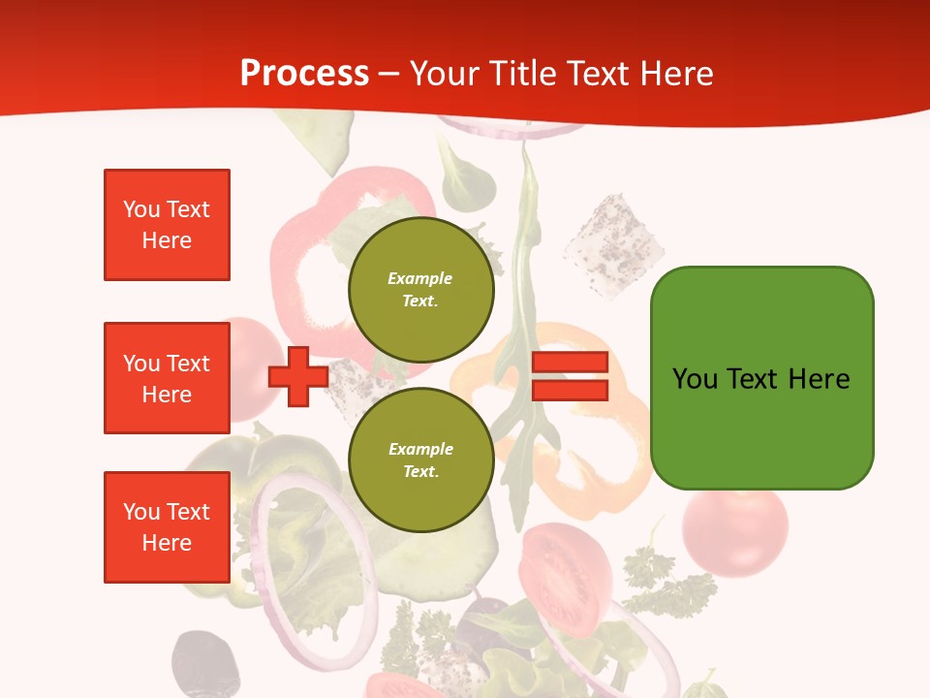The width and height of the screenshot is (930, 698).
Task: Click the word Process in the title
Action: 304,73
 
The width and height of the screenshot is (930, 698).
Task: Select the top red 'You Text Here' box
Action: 167,225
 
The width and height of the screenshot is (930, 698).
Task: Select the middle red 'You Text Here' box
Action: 167,378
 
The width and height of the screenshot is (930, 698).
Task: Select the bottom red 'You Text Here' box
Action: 167,527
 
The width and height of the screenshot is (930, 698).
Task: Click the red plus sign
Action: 298,376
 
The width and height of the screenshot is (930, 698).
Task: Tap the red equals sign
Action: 570,376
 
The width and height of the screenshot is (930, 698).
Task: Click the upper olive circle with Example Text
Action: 420,289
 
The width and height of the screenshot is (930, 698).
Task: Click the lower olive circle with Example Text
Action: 420,460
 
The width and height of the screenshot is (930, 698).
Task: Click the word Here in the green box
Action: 819,379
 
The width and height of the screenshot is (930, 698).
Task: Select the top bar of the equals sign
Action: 570,363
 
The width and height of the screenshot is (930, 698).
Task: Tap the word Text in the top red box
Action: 188,209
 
